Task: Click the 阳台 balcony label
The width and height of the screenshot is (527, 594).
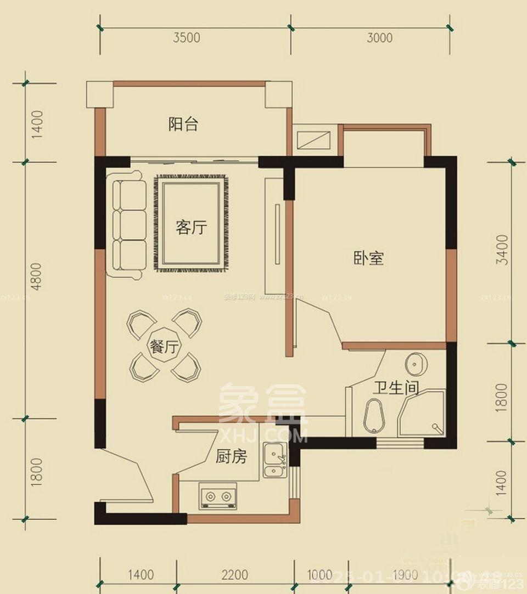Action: (x=183, y=125)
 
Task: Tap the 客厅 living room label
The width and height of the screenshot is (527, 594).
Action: (x=192, y=227)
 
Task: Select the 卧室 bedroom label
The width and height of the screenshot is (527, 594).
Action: (x=368, y=258)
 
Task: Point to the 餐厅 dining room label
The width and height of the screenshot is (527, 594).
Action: (x=165, y=347)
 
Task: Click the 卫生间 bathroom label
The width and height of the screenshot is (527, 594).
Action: (x=396, y=388)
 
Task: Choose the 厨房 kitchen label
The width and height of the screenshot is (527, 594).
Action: (x=231, y=456)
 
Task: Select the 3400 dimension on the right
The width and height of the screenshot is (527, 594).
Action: (x=501, y=251)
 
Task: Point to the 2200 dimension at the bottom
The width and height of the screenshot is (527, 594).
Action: (x=234, y=575)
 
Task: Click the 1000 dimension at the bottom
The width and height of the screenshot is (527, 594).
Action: (x=319, y=575)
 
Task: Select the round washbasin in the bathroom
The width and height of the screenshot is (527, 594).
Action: (x=414, y=364)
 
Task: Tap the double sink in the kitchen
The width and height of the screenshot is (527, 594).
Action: (x=274, y=461)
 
